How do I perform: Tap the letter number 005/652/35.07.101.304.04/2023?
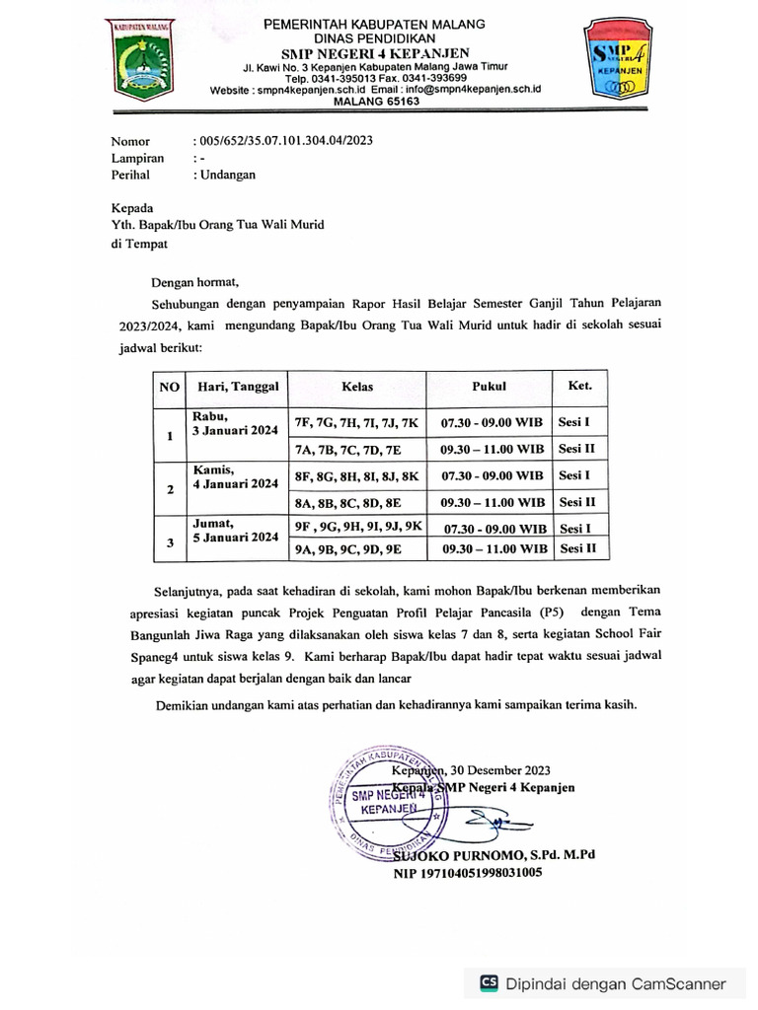pos(285,141)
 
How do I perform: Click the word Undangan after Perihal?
pos(227,175)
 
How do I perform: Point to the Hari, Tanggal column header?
pos(238,387)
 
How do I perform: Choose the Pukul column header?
pos(489,387)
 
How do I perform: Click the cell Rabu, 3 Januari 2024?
pos(236,422)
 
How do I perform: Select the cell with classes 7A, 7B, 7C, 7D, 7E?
pos(347,449)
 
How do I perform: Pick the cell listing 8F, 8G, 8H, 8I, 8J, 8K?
pos(356,476)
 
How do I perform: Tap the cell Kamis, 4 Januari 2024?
pos(236,476)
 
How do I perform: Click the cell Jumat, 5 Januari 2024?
pos(236,530)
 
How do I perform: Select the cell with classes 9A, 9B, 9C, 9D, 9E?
pos(347,549)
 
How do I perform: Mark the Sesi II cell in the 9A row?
pos(577,548)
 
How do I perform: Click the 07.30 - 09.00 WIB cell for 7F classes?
pos(492,422)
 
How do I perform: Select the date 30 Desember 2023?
pos(499,770)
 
